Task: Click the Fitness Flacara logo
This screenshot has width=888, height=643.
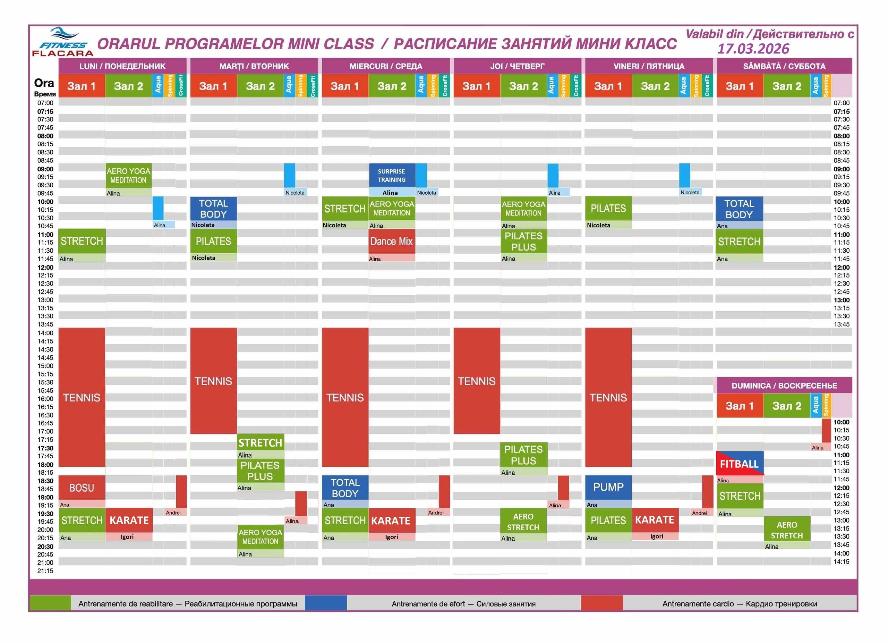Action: (63, 42)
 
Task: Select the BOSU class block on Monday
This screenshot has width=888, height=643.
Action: (82, 488)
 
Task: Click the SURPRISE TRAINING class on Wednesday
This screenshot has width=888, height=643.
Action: (392, 176)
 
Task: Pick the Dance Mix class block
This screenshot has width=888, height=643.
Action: (392, 241)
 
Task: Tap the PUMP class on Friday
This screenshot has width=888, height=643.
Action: (608, 487)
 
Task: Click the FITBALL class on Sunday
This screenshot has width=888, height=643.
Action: (739, 464)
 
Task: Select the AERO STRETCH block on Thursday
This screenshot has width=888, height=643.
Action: (523, 522)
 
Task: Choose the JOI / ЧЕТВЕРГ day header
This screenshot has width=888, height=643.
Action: (517, 66)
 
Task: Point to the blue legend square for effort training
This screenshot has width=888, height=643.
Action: (325, 603)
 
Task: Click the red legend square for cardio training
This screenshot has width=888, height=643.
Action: (601, 603)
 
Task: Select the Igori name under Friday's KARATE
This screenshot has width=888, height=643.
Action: (657, 536)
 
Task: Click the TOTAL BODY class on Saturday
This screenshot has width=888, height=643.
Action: (739, 209)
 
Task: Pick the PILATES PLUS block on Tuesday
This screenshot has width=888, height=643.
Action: (260, 471)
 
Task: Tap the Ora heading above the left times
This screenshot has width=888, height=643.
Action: (44, 83)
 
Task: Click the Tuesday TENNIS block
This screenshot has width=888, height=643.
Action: (213, 381)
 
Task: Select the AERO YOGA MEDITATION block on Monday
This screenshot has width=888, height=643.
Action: (128, 176)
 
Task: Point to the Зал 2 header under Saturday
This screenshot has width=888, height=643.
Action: (787, 86)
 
